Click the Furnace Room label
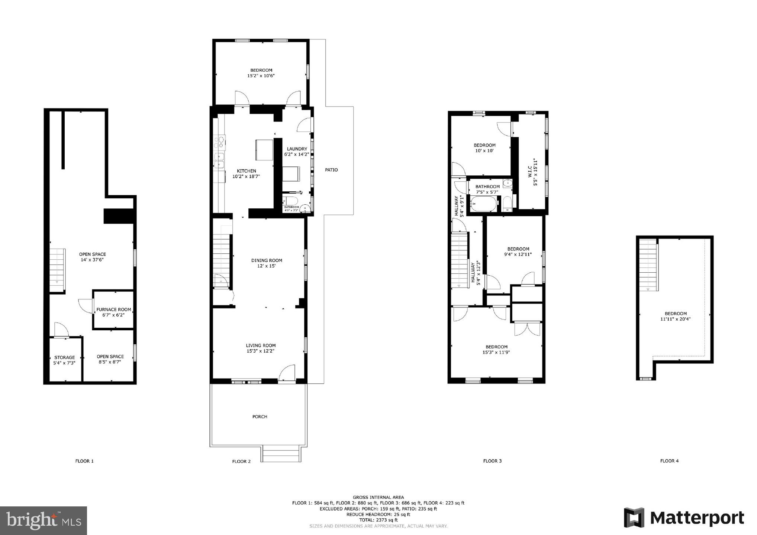[113, 309]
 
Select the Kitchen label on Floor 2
[246, 171]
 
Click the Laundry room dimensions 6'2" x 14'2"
[297, 154]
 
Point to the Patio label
[331, 170]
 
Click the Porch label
[260, 416]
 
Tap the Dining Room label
[266, 260]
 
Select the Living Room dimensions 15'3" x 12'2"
[260, 351]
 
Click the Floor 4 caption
[669, 461]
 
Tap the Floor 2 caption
[241, 461]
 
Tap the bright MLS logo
[44, 521]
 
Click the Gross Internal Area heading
[378, 497]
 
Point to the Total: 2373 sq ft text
[378, 520]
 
